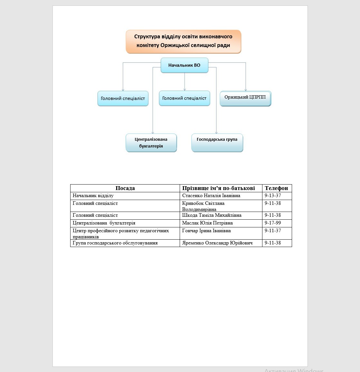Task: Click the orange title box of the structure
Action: click(183, 41)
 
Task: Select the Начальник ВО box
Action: click(184, 65)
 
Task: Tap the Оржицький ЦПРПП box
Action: click(245, 98)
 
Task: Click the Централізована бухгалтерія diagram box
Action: click(151, 143)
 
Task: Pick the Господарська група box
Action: click(217, 142)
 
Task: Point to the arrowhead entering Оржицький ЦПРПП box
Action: click(246, 90)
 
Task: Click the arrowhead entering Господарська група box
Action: click(216, 132)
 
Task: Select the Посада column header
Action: click(125, 188)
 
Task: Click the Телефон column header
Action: click(276, 188)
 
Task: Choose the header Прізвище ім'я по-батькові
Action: click(218, 188)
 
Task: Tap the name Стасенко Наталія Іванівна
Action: click(211, 196)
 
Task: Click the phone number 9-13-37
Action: click(273, 196)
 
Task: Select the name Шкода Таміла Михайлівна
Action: click(212, 215)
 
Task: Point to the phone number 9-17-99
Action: click(273, 223)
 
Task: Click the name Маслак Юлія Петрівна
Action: click(207, 223)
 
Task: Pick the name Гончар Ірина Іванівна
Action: click(206, 231)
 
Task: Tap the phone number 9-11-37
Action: click(273, 231)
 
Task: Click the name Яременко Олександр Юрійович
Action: click(217, 243)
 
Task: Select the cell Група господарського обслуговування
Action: click(115, 243)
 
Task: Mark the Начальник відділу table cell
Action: click(93, 196)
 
